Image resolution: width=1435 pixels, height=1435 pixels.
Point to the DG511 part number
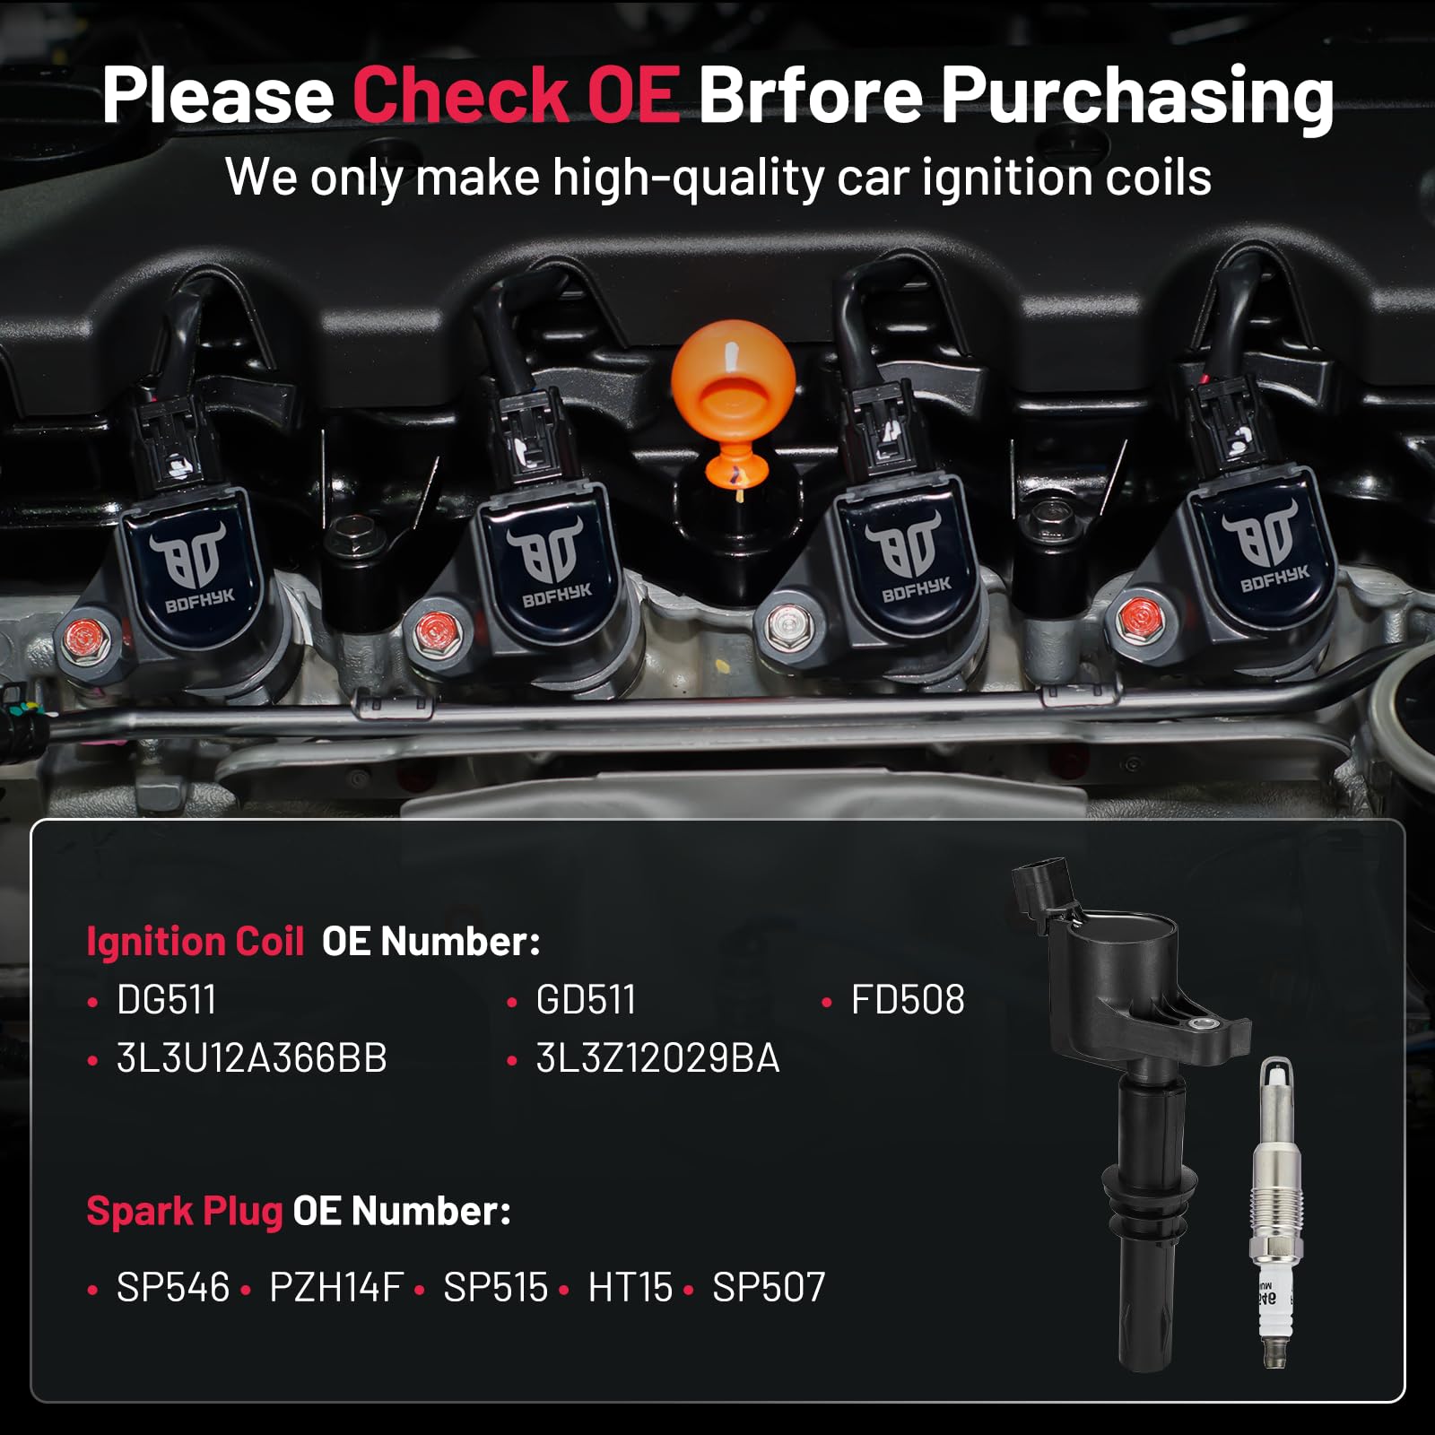click(x=167, y=1000)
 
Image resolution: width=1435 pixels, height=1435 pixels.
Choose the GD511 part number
click(x=586, y=1000)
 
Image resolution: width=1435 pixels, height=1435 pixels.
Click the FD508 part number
click(x=908, y=1000)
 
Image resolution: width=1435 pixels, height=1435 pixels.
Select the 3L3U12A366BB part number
click(x=251, y=1058)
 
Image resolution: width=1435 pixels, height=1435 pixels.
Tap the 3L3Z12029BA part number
click(x=657, y=1058)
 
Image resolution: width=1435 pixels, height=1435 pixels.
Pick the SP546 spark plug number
click(x=173, y=1288)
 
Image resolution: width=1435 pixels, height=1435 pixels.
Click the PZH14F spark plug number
click(x=336, y=1288)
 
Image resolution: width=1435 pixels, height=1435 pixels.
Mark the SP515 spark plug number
click(x=495, y=1288)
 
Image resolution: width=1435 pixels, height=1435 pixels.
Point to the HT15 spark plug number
click(x=630, y=1288)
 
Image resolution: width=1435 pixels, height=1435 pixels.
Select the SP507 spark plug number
click(x=769, y=1288)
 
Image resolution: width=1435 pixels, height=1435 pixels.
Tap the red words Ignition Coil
click(x=196, y=942)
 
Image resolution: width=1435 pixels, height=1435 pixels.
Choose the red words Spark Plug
click(x=185, y=1211)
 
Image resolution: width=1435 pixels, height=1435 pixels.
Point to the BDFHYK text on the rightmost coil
click(x=1274, y=578)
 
